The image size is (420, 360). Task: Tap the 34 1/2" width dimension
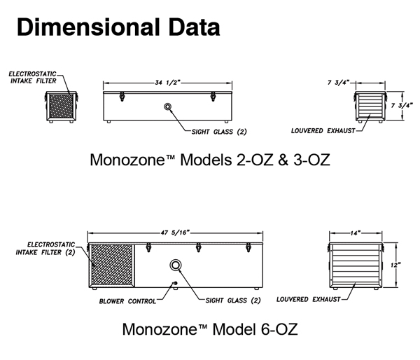click(169, 83)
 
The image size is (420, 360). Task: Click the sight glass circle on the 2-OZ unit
click(168, 106)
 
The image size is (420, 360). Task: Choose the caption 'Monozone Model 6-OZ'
click(210, 328)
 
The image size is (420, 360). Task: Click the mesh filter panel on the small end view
click(59, 105)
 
